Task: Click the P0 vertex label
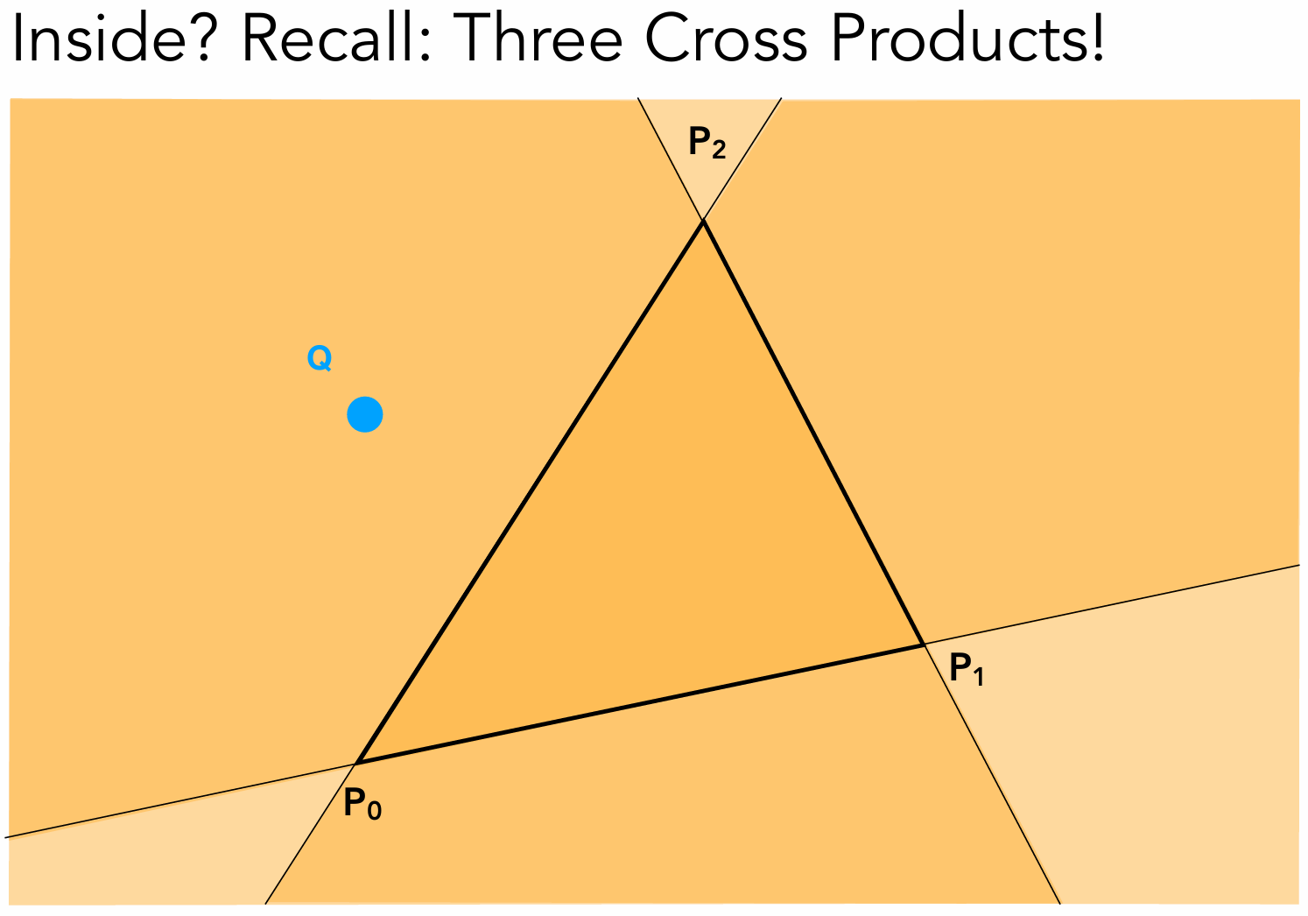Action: (x=362, y=804)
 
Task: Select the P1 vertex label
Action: (x=967, y=672)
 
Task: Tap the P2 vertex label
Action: (x=707, y=143)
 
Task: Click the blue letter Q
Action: (x=319, y=358)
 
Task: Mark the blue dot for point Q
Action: (x=364, y=414)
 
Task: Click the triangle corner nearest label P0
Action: (x=357, y=763)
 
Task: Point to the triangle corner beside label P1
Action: (x=924, y=645)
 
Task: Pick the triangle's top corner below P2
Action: (x=702, y=222)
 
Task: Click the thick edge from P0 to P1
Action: (x=639, y=704)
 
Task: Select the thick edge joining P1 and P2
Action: (x=812, y=433)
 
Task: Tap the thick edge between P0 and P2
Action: (x=530, y=491)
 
